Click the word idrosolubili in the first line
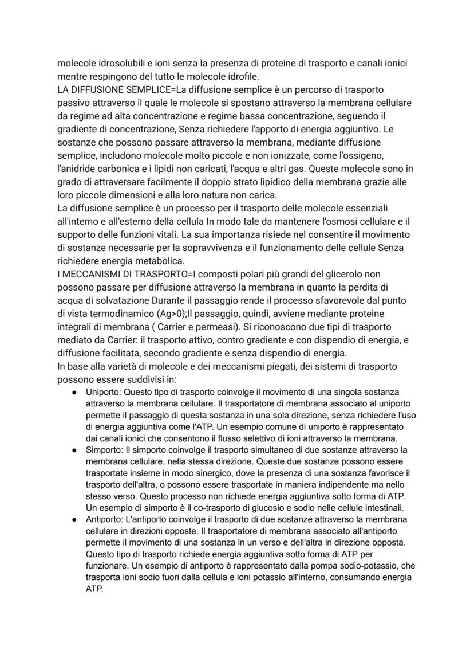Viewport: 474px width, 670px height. pos(120,62)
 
